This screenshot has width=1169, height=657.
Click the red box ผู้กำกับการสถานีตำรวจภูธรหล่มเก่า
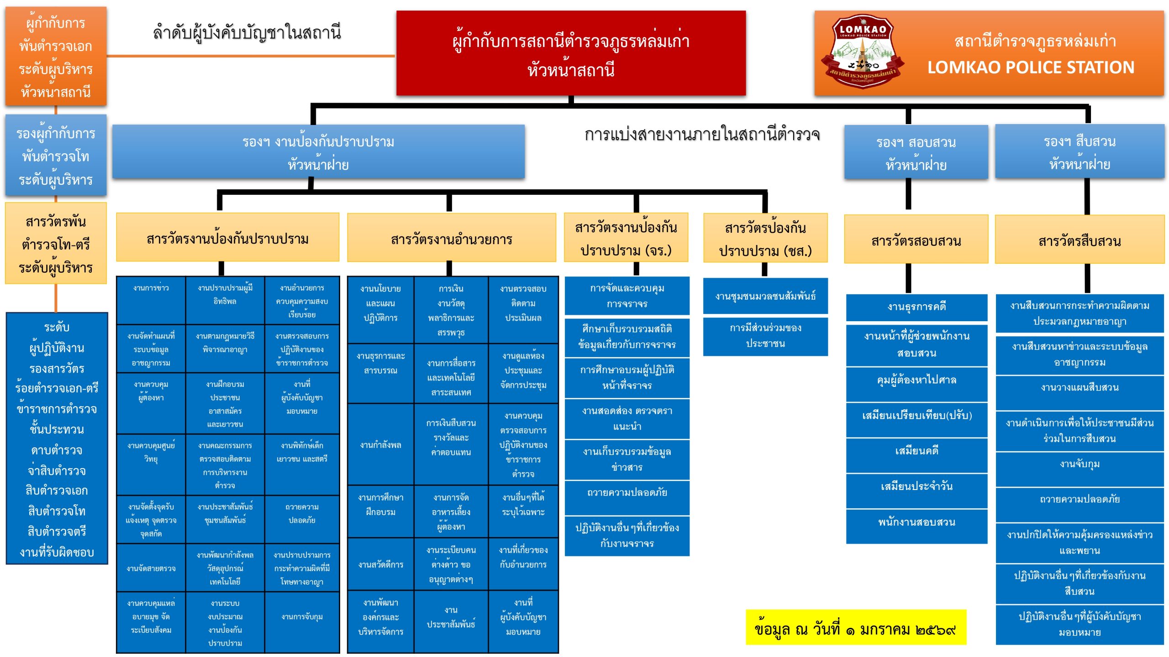tap(571, 53)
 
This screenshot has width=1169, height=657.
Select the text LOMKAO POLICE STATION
tap(1031, 68)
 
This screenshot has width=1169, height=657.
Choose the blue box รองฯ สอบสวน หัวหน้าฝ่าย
tap(916, 152)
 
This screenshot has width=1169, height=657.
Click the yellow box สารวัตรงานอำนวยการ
tap(451, 238)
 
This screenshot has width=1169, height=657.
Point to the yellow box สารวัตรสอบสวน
tap(916, 240)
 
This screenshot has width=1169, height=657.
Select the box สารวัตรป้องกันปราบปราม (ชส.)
tap(765, 239)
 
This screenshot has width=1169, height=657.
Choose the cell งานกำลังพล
tap(380, 444)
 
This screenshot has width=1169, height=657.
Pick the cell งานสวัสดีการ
tap(380, 564)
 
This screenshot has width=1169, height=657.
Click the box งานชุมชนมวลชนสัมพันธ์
tap(765, 296)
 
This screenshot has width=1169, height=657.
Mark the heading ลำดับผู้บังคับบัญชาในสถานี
tap(247, 33)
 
